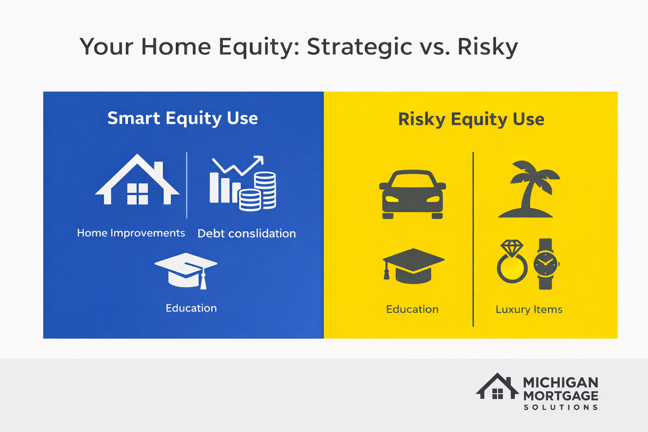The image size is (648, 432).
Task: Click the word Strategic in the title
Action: point(359,46)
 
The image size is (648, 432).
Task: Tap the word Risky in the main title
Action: point(488,46)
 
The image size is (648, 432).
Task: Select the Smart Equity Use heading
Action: point(182,118)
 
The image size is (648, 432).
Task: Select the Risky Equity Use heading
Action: point(471,119)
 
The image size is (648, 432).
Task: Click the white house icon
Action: point(138,181)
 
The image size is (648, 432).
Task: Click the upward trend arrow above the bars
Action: point(238,165)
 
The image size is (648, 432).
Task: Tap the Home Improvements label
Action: point(131,233)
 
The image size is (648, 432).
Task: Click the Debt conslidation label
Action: point(246,233)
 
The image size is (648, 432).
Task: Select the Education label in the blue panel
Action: point(191,308)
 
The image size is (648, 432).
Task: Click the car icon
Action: point(413,194)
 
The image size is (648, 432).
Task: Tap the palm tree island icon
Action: point(527,190)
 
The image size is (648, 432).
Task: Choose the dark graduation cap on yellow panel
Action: point(413,266)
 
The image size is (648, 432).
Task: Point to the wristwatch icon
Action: point(545,264)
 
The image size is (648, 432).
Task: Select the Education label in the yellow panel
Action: point(412,309)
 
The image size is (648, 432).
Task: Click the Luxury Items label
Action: point(529,309)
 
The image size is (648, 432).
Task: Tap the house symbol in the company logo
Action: point(497,387)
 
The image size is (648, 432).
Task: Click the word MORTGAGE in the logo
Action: point(561,396)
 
